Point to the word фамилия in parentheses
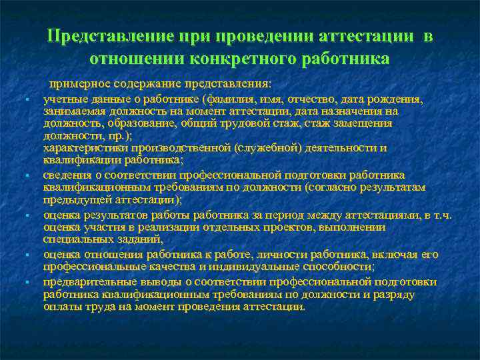229,99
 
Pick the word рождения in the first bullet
397,99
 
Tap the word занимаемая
73,111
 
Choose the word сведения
67,175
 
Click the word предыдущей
75,199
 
